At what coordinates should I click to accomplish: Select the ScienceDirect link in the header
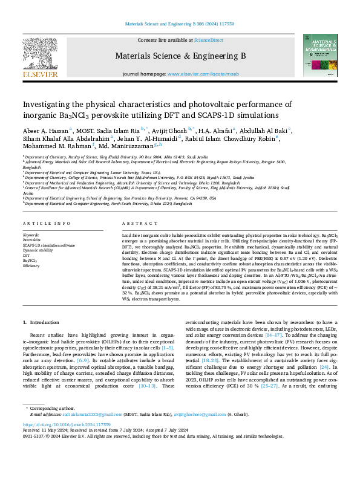pos(208,40)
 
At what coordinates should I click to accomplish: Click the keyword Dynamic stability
pos(38,250)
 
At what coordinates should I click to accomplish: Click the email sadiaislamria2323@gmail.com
pos(83,448)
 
